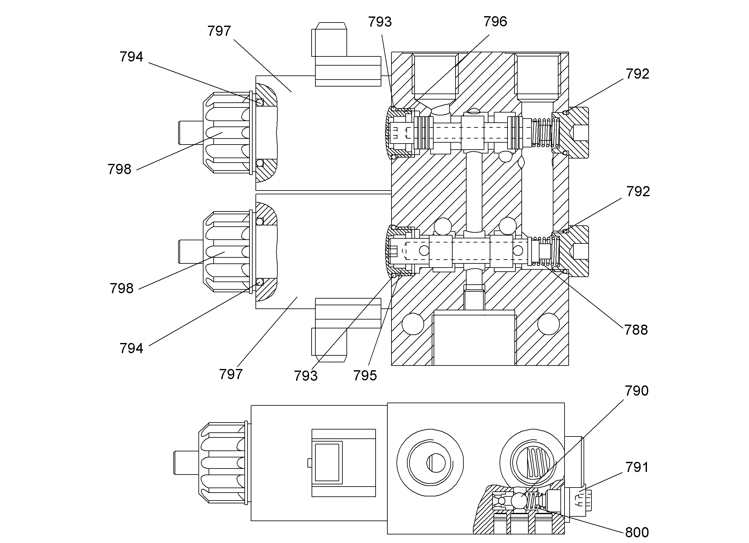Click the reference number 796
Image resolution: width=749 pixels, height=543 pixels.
click(x=495, y=22)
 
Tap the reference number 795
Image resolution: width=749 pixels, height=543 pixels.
click(x=365, y=376)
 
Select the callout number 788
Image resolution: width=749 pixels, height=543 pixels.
click(x=636, y=330)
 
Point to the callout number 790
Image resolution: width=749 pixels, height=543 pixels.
click(x=636, y=391)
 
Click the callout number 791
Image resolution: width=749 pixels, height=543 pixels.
click(x=637, y=467)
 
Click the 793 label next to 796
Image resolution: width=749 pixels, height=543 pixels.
click(x=380, y=22)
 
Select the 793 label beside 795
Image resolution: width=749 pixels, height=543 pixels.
click(x=306, y=376)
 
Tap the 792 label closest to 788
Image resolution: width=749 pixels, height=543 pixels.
click(x=638, y=191)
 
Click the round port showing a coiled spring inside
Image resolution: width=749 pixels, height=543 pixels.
click(x=533, y=462)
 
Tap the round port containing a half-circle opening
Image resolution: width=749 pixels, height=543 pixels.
click(x=430, y=462)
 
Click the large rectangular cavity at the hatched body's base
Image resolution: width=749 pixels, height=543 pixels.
click(x=474, y=338)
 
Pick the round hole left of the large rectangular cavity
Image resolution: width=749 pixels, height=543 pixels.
click(x=413, y=324)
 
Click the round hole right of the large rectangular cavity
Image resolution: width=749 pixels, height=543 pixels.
click(x=548, y=324)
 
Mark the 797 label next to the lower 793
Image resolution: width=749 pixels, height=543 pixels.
click(x=231, y=374)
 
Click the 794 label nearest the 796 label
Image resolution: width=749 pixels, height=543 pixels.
click(x=132, y=57)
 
